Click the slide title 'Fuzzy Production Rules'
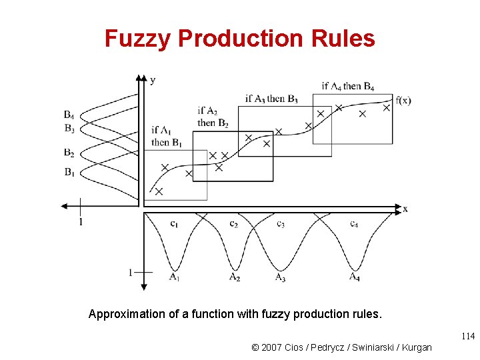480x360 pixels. click(x=239, y=39)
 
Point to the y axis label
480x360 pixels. click(x=153, y=80)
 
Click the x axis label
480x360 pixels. click(x=405, y=209)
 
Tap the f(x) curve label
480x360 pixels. click(x=403, y=101)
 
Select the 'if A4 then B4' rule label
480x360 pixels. click(x=347, y=86)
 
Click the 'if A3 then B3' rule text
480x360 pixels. click(x=271, y=99)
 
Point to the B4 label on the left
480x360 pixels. click(x=69, y=115)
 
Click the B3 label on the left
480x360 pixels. click(x=69, y=127)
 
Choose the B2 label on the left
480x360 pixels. click(x=69, y=153)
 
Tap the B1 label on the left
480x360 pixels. click(x=69, y=172)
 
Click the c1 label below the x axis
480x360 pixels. click(x=174, y=224)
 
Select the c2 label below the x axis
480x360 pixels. click(x=233, y=224)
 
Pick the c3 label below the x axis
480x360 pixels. click(x=281, y=224)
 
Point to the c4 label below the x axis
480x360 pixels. click(x=354, y=224)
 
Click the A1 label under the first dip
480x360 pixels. click(x=174, y=277)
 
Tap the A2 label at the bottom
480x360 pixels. click(x=235, y=277)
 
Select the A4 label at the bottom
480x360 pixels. click(x=355, y=277)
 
